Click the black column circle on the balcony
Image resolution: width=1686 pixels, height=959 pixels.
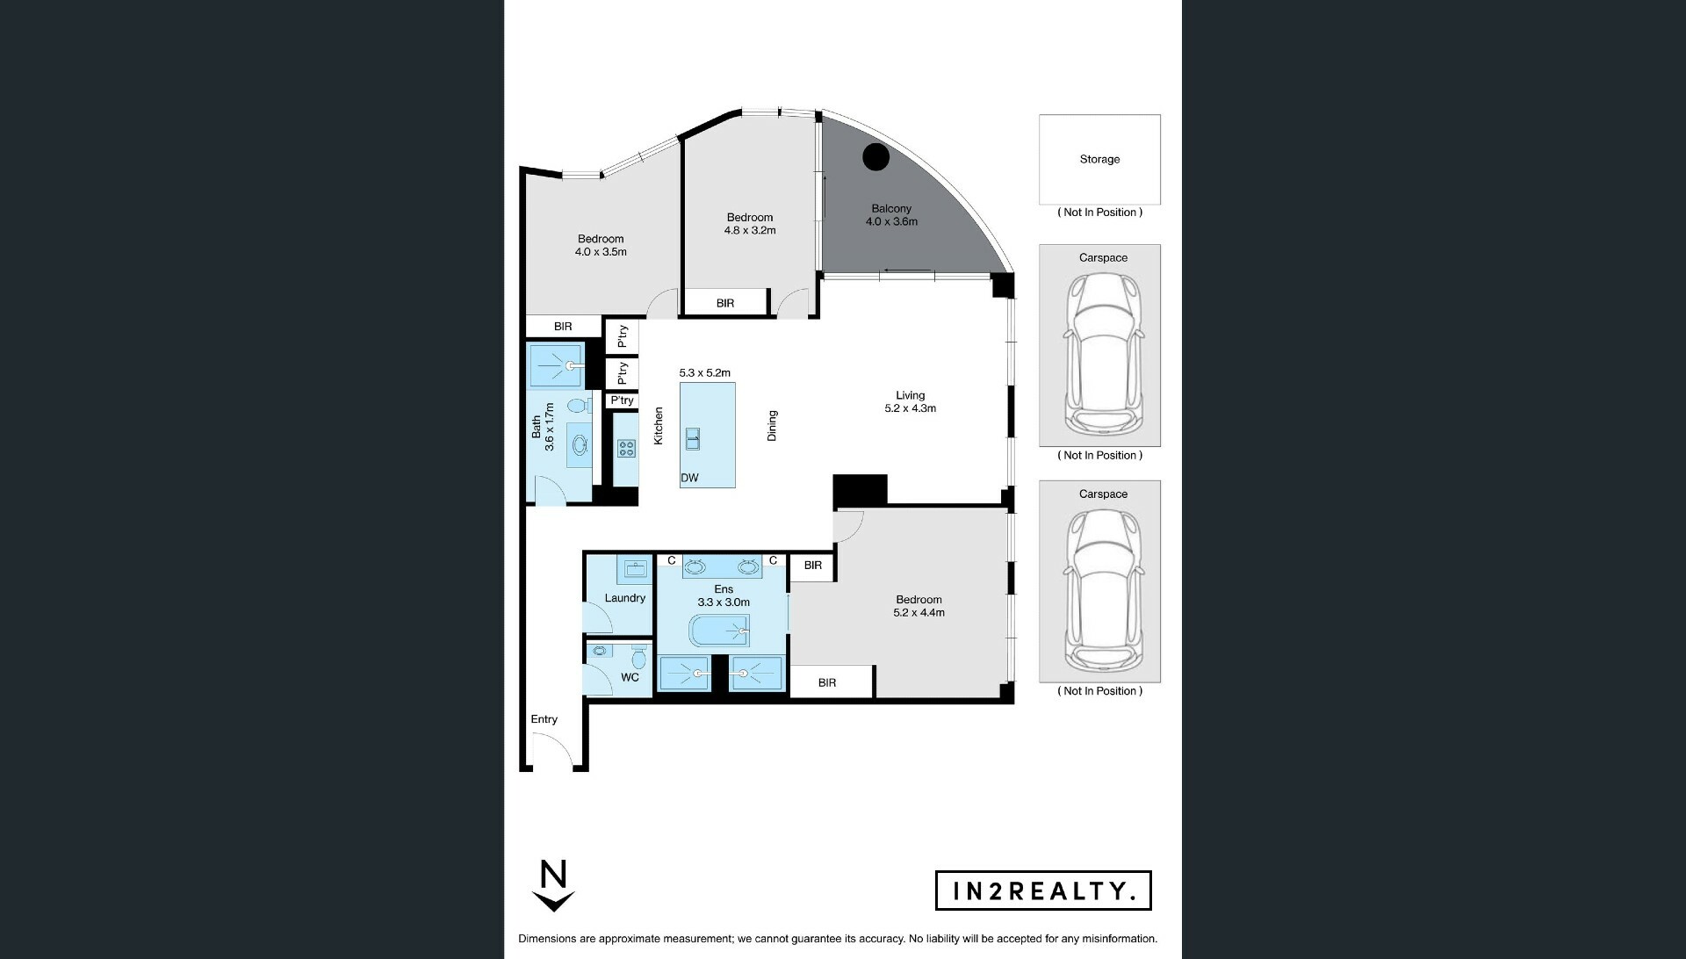[875, 157]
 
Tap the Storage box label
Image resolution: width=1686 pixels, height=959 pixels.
[1099, 160]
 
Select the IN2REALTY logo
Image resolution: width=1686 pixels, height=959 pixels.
[1043, 890]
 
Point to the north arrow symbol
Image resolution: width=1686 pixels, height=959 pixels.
[554, 887]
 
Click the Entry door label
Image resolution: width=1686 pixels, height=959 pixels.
[544, 719]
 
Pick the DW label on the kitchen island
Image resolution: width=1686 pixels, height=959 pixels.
[689, 478]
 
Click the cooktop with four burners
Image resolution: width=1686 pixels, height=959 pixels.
[626, 449]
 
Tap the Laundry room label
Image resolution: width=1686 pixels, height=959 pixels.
[625, 598]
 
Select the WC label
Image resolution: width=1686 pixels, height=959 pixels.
[630, 678]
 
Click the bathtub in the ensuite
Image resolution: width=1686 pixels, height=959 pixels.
[719, 631]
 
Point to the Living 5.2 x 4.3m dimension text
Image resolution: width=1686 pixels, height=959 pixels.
[911, 402]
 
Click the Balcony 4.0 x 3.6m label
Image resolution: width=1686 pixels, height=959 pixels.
[891, 215]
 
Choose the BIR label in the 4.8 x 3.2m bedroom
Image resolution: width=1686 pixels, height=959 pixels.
[725, 304]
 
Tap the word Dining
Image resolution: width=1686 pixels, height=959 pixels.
[772, 425]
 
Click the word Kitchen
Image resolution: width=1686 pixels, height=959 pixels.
[659, 425]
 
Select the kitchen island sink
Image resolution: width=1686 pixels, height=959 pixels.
[693, 438]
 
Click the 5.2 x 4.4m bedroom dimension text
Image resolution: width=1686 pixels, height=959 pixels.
[919, 613]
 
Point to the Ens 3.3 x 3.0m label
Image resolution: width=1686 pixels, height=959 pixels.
[724, 596]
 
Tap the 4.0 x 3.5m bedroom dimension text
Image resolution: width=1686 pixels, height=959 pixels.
[601, 252]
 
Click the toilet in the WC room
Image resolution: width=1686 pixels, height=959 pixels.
[639, 657]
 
